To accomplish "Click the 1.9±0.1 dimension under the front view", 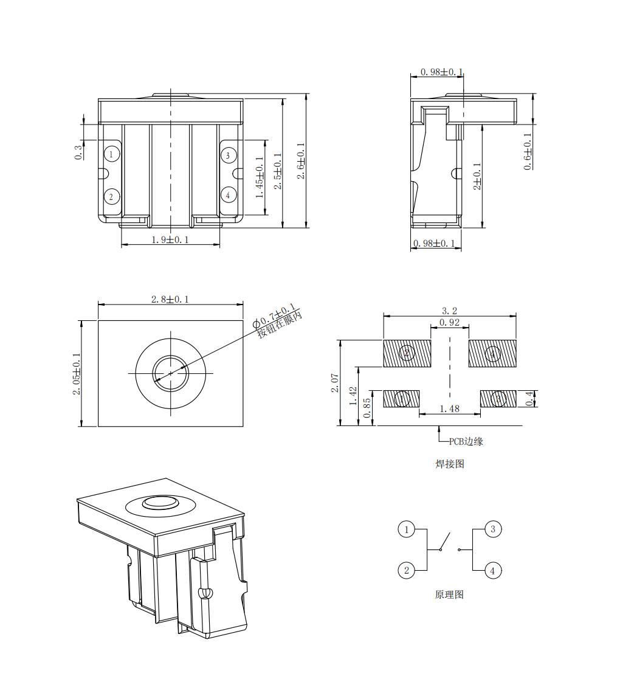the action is pyautogui.click(x=170, y=240).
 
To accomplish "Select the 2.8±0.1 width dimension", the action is pyautogui.click(x=170, y=299).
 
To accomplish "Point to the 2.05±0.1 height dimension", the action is pyautogui.click(x=77, y=374).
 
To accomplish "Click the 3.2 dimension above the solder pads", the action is pyautogui.click(x=449, y=311).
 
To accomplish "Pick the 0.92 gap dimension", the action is pyautogui.click(x=449, y=322).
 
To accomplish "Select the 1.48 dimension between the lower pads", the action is pyautogui.click(x=449, y=409).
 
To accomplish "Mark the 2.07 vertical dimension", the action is pyautogui.click(x=334, y=383).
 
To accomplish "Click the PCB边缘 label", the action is pyautogui.click(x=466, y=441).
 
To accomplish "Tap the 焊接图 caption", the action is pyautogui.click(x=450, y=464).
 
